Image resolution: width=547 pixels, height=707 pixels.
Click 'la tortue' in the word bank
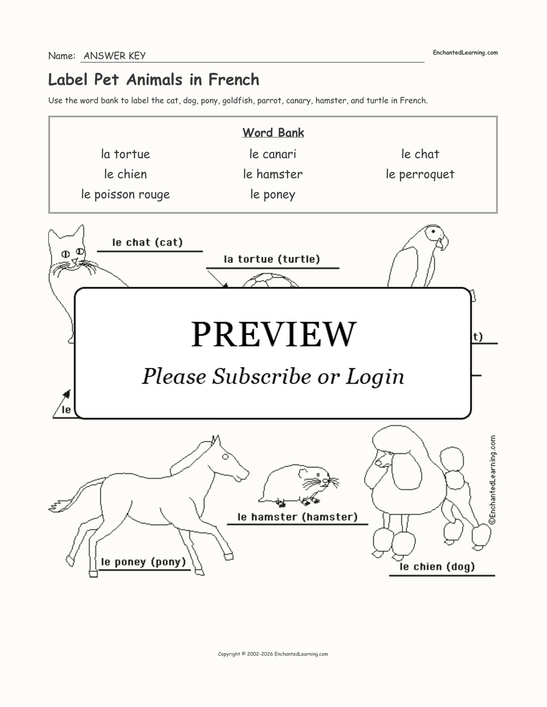[125, 154]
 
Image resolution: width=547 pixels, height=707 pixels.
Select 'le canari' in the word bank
[273, 154]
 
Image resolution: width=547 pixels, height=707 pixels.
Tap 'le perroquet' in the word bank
[420, 174]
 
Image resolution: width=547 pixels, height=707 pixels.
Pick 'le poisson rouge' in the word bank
[126, 194]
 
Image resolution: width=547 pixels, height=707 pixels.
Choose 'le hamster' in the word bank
[273, 174]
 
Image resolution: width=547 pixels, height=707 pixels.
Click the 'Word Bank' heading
[273, 133]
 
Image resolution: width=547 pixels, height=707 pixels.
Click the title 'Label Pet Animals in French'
[154, 79]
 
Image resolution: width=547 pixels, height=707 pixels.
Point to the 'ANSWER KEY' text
[114, 56]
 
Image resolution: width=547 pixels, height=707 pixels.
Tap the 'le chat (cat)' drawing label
[147, 242]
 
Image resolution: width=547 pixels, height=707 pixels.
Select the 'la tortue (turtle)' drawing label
[272, 259]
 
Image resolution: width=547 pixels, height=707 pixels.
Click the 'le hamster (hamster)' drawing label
[298, 517]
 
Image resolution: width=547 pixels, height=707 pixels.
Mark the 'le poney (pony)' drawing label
[143, 561]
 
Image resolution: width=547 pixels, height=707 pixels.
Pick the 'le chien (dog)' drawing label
[437, 567]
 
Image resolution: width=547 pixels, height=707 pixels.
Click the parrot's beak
[443, 244]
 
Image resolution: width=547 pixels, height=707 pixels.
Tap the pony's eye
[226, 457]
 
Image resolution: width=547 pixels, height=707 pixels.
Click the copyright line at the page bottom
[273, 654]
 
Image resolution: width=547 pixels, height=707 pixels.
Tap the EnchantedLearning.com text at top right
[465, 53]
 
